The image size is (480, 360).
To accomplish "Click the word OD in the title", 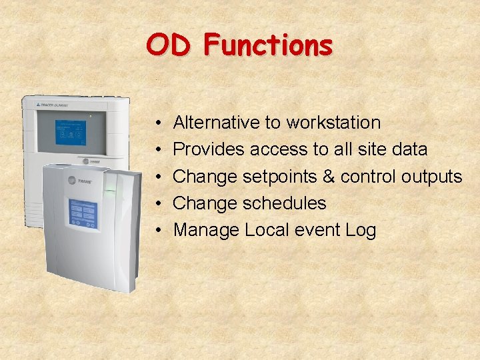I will [169, 45].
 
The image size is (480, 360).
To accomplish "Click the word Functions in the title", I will [268, 45].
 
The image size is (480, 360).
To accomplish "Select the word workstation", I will [333, 123].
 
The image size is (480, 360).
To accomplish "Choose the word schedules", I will [285, 203].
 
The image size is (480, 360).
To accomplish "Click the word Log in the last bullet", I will [361, 231].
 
